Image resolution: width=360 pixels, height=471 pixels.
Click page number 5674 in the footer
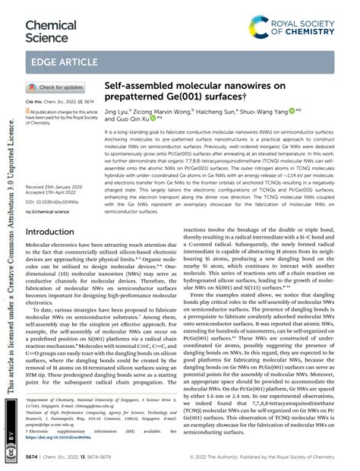33,459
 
